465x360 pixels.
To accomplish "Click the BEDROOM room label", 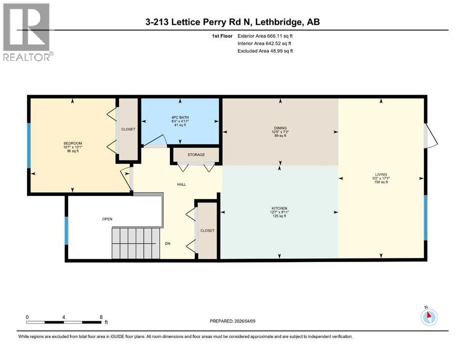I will click(73, 143).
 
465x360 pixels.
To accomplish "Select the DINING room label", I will click(280, 127).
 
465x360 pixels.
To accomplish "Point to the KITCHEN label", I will click(280, 208).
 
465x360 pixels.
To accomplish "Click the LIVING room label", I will click(381, 174).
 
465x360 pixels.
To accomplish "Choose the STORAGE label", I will click(196, 155).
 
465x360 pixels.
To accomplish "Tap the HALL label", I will click(181, 184).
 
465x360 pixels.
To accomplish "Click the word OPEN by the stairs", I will click(107, 219).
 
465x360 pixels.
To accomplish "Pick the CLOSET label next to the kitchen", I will click(207, 231).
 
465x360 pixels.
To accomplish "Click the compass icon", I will click(428, 317).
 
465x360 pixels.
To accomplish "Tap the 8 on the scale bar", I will click(101, 317).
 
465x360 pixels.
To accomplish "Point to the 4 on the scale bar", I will click(63, 317).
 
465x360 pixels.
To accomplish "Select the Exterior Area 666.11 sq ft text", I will click(266, 36).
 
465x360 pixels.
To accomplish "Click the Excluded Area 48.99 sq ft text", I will click(266, 51).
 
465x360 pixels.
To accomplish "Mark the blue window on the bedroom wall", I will click(29, 145).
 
